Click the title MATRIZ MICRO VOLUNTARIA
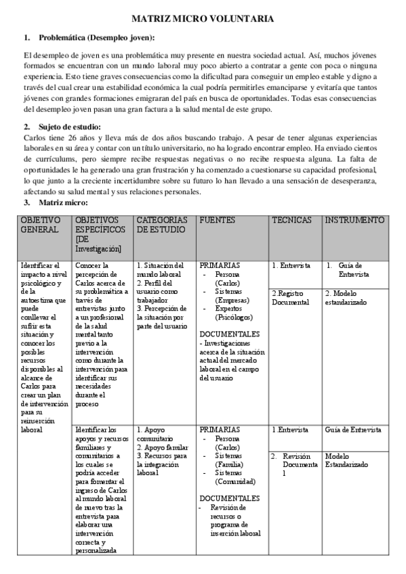point(203,20)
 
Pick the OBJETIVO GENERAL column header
point(41,225)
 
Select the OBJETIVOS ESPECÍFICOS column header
point(100,234)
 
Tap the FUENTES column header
point(217,220)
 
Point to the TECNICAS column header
point(292,220)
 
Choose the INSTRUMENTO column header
point(354,220)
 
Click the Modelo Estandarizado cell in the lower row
point(347,460)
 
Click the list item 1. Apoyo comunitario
point(155,434)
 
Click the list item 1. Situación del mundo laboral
point(161,270)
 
